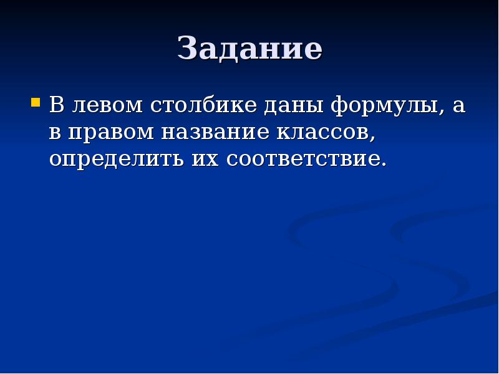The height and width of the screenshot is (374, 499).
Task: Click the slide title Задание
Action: pyautogui.click(x=249, y=49)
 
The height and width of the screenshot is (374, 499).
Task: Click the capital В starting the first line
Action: pyautogui.click(x=57, y=105)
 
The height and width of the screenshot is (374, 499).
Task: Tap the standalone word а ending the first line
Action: pyautogui.click(x=459, y=106)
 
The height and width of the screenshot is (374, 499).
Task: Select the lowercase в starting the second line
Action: pyautogui.click(x=56, y=132)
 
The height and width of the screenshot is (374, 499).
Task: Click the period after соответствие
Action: pyautogui.click(x=384, y=166)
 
